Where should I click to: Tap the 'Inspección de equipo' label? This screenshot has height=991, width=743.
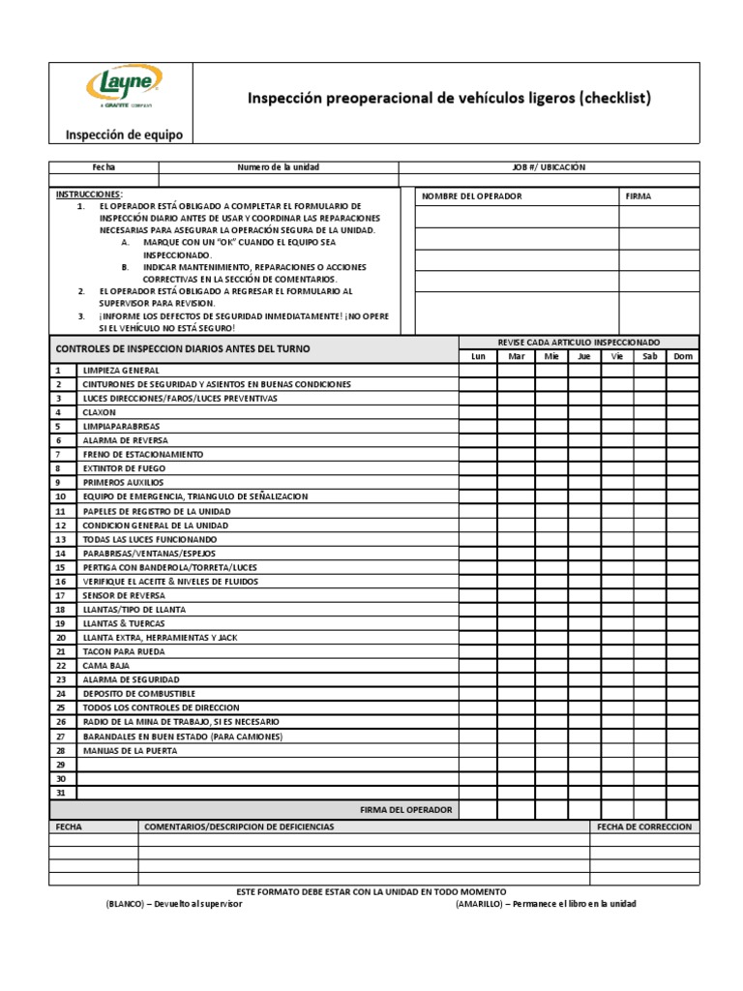click(x=123, y=135)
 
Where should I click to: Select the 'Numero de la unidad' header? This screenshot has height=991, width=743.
click(x=279, y=167)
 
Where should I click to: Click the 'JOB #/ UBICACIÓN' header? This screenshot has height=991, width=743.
click(x=549, y=167)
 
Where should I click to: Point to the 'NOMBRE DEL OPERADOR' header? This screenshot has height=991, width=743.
click(x=471, y=196)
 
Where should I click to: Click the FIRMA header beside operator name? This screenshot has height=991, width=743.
click(x=639, y=196)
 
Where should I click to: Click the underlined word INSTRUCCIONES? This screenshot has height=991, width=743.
click(x=89, y=195)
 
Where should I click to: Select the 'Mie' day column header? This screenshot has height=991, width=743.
click(x=551, y=356)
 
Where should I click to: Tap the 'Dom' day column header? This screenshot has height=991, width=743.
click(x=683, y=356)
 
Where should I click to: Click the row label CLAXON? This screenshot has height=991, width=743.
click(x=99, y=412)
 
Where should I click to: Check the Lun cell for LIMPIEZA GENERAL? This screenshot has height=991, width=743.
click(x=477, y=371)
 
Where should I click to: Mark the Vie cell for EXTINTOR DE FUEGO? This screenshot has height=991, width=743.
click(x=616, y=468)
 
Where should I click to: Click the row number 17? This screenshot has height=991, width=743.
click(x=60, y=595)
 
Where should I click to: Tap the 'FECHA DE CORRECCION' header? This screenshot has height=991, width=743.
click(x=644, y=827)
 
